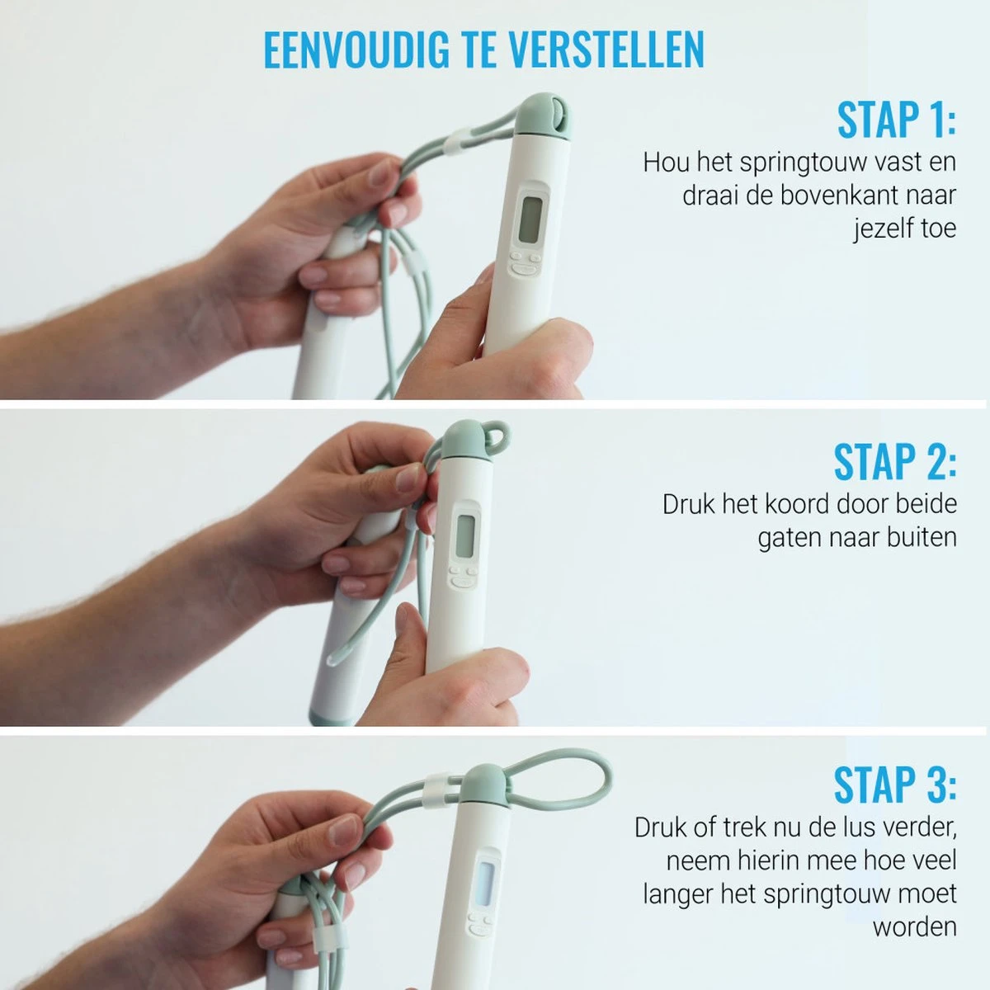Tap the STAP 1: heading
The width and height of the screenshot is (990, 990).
pos(896,120)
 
